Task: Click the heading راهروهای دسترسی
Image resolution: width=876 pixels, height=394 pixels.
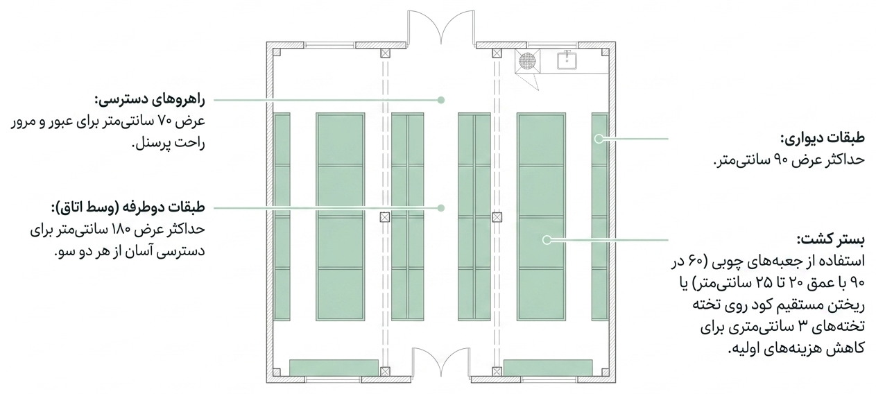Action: click(x=150, y=100)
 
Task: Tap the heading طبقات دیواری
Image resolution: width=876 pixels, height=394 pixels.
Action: click(x=823, y=138)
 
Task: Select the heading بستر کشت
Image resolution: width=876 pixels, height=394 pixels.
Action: click(x=831, y=240)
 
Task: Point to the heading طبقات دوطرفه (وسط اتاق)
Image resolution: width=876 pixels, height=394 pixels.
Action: click(x=128, y=207)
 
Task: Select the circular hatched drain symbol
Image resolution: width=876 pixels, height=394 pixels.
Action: click(x=527, y=60)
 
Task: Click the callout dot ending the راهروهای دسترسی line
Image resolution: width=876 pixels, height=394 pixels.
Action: click(x=441, y=100)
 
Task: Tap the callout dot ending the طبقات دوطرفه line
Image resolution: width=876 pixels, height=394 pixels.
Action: click(x=441, y=208)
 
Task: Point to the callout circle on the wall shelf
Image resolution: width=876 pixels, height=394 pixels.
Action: click(x=599, y=139)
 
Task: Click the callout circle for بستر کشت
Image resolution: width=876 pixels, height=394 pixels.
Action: click(x=547, y=240)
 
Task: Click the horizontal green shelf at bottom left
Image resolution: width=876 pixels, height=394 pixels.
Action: click(x=334, y=368)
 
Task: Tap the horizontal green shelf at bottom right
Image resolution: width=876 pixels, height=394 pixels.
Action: click(x=548, y=368)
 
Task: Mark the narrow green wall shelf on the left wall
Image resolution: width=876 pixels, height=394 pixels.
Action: click(x=282, y=216)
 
